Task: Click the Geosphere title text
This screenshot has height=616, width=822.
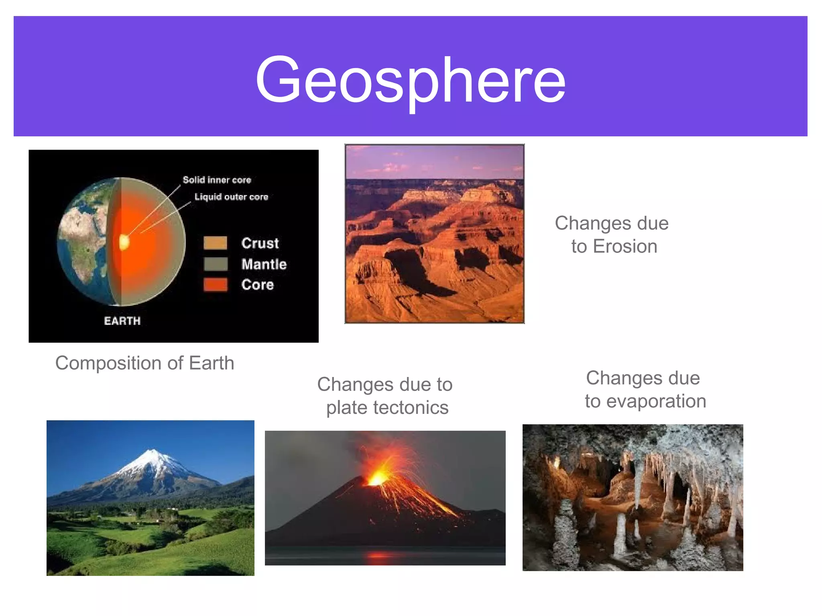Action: (x=410, y=80)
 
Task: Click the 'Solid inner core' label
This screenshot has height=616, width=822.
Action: (x=217, y=180)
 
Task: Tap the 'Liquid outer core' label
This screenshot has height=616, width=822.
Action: (x=231, y=197)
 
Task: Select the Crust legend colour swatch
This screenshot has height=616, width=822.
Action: (x=216, y=243)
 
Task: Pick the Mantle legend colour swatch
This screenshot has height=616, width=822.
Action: (x=216, y=264)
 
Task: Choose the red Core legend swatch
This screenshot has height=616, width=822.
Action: (x=216, y=284)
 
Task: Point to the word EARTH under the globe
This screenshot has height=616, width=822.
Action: (x=122, y=321)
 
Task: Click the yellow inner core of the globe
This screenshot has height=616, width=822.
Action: (x=124, y=242)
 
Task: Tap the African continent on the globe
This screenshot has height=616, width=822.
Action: (x=82, y=241)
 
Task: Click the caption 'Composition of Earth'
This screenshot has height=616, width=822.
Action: (x=144, y=363)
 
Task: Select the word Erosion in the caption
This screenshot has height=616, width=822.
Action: (x=625, y=246)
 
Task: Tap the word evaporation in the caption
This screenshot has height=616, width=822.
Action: (x=656, y=401)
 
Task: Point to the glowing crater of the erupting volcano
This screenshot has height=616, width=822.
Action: (x=377, y=478)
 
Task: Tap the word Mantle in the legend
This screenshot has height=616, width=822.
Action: (x=264, y=264)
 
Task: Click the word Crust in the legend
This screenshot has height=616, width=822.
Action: (x=260, y=243)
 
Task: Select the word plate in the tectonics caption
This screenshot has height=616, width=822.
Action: (x=346, y=407)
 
